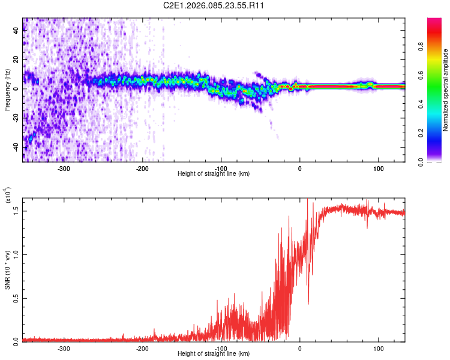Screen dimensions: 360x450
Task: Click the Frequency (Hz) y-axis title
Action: (7, 90)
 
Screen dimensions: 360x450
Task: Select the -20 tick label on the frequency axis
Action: (16, 118)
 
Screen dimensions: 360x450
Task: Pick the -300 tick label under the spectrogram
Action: (64, 168)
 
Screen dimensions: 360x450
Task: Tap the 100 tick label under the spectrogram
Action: (379, 168)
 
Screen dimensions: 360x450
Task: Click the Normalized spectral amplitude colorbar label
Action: (446, 90)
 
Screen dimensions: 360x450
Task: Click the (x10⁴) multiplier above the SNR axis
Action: (7, 196)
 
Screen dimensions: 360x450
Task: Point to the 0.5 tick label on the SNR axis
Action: (17, 297)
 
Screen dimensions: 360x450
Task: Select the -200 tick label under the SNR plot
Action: (143, 348)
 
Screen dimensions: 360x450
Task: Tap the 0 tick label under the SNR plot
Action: (300, 348)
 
